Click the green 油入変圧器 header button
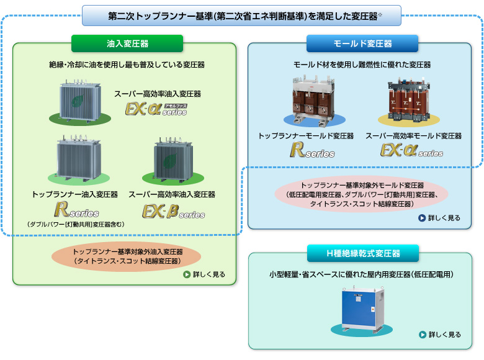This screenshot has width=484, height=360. (127, 43)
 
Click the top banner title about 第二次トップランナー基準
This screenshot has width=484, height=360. (241, 16)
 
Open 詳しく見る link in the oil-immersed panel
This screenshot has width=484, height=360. (204, 274)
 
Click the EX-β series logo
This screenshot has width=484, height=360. (173, 211)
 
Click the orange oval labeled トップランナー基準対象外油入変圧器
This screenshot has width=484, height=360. (127, 256)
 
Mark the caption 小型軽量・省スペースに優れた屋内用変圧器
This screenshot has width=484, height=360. (363, 274)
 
